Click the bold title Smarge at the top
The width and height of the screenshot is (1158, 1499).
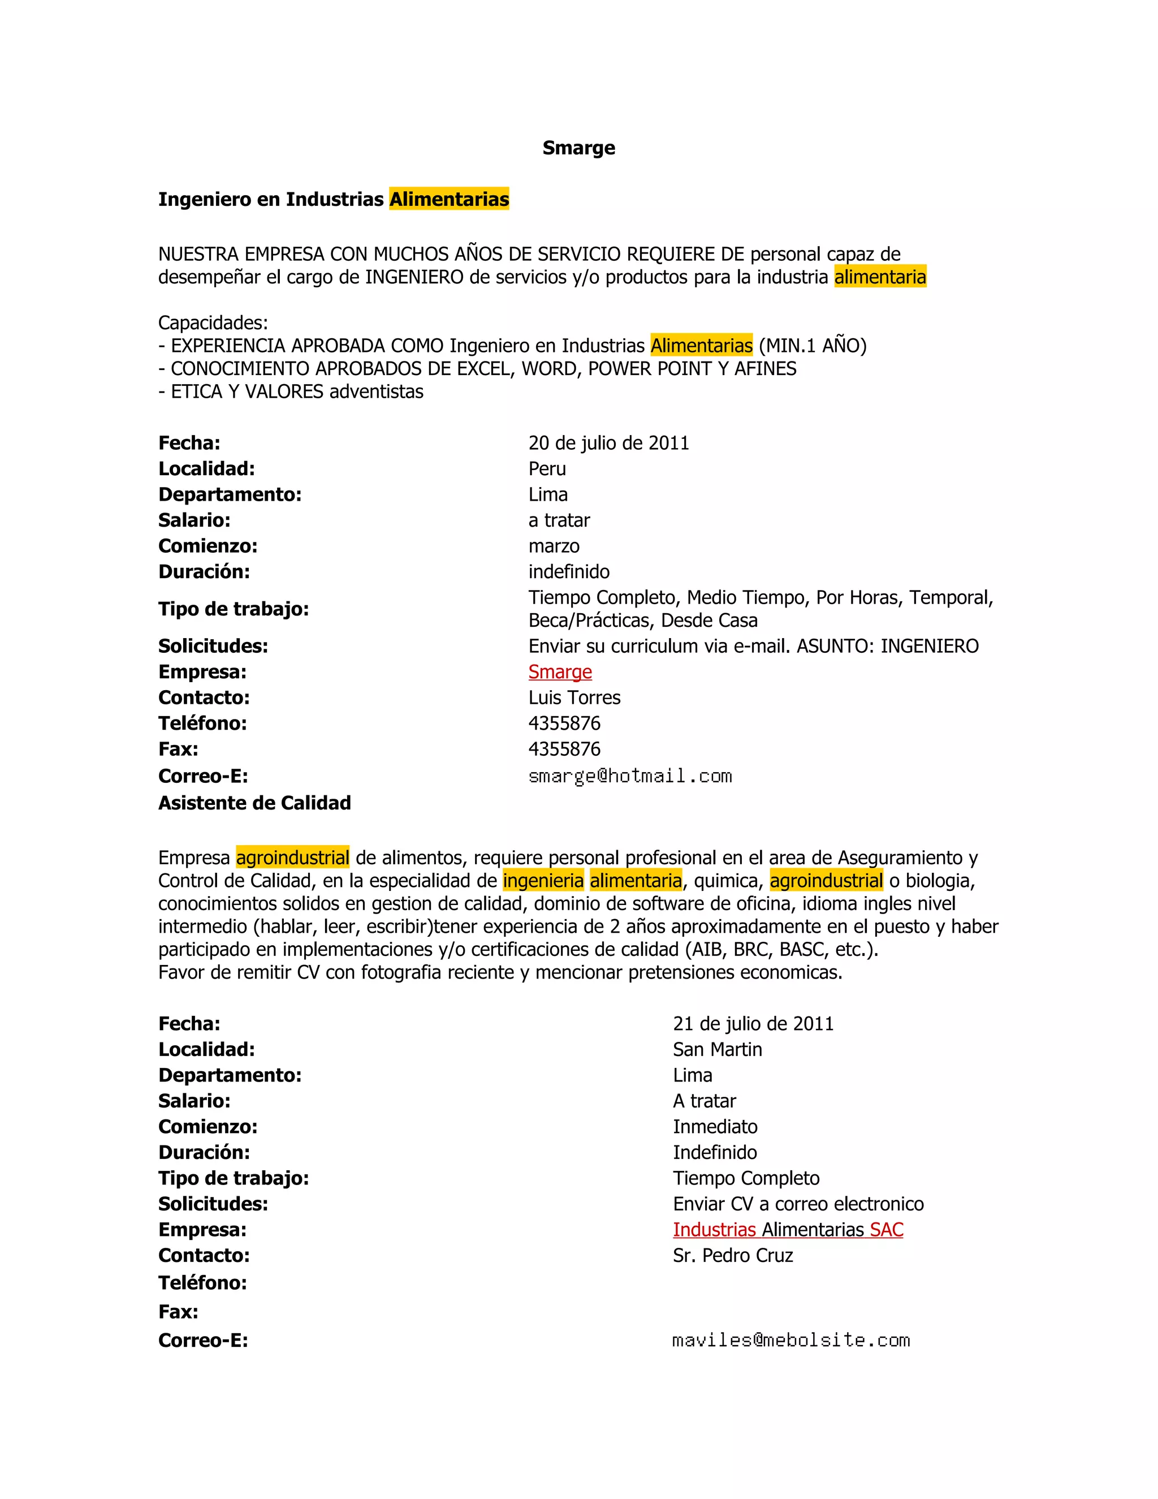(578, 148)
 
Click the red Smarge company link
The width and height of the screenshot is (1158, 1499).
(560, 672)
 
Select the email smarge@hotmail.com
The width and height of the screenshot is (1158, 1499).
(630, 776)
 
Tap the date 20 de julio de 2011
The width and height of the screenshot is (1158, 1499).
(608, 443)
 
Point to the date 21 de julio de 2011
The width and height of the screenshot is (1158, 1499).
(753, 1024)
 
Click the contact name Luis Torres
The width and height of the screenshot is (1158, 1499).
(574, 698)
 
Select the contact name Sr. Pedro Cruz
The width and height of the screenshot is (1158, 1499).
(733, 1256)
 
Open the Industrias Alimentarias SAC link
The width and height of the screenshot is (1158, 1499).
(788, 1230)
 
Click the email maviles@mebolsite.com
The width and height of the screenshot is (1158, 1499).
(791, 1341)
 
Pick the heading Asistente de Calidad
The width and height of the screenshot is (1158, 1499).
(254, 803)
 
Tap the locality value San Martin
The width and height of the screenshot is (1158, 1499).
(717, 1050)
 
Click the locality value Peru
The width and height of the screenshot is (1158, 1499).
(547, 469)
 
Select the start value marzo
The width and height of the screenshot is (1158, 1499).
(554, 546)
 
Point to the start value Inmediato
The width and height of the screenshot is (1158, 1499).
(715, 1127)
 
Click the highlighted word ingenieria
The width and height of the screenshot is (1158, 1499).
(543, 881)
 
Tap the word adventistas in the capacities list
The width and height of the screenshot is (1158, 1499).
(377, 392)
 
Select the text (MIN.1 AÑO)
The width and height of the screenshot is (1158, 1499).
(813, 346)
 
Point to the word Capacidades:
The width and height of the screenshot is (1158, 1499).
(213, 322)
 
